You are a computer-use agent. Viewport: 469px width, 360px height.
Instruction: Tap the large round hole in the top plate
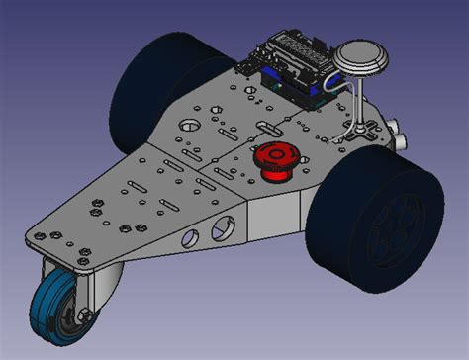click(187, 126)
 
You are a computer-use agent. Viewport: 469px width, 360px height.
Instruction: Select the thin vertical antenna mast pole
click(357, 99)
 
